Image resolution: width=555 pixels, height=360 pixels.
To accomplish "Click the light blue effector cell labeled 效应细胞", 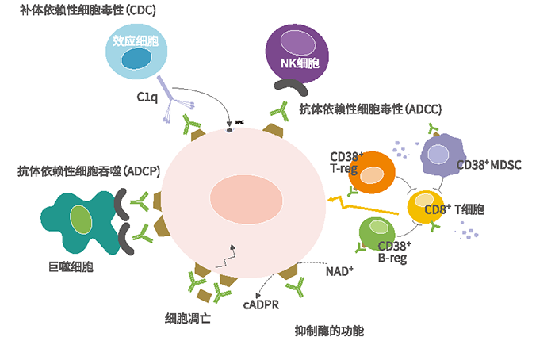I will [136, 52].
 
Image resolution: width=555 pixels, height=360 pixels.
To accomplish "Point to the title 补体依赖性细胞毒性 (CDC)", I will [88, 11].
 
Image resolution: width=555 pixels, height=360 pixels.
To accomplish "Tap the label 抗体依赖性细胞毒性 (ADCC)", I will [369, 109].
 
